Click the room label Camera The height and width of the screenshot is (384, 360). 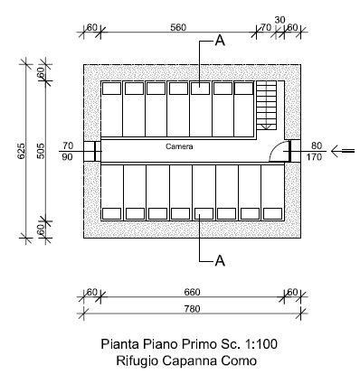tap(179, 146)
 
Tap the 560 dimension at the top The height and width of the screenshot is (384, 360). tap(178, 27)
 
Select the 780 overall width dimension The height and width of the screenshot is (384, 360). tap(192, 309)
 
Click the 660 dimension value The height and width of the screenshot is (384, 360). tap(192, 292)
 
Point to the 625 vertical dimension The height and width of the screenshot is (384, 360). tap(22, 151)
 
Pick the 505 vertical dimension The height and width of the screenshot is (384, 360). tap(41, 151)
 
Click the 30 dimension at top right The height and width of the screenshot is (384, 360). tap(279, 20)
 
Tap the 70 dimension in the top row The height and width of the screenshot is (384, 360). tap(266, 27)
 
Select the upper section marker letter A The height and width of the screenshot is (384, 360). tap(220, 41)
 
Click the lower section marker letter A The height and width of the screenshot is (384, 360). tap(220, 260)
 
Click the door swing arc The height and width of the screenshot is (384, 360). tap(278, 150)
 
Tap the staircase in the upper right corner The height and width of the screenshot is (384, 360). tap(266, 106)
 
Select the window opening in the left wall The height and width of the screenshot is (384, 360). tap(93, 151)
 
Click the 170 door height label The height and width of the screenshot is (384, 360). tap(314, 156)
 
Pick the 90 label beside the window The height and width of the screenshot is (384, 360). tap(68, 156)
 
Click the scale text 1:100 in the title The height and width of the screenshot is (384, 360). tap(261, 344)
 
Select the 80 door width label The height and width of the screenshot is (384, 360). tap(317, 145)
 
